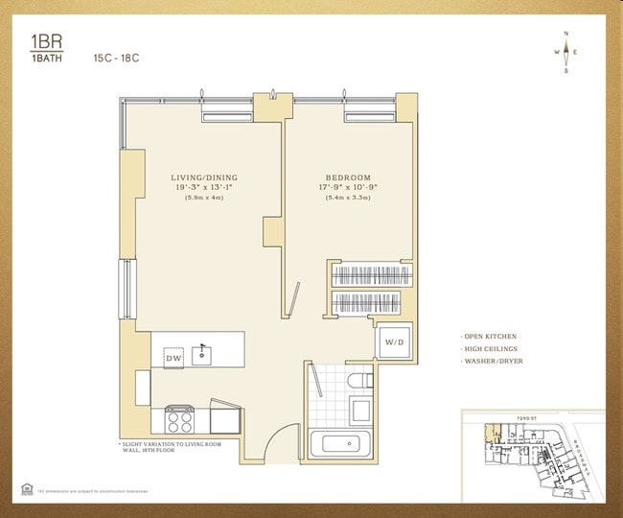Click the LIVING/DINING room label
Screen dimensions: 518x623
(204, 177)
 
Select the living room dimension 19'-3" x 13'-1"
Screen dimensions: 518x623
(204, 188)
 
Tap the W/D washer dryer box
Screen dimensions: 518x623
(394, 342)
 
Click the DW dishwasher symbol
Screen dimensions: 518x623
(173, 358)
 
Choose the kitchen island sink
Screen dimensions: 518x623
(203, 354)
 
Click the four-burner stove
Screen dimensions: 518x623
(179, 419)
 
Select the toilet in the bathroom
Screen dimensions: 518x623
(360, 383)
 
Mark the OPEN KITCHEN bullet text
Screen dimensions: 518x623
(492, 337)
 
